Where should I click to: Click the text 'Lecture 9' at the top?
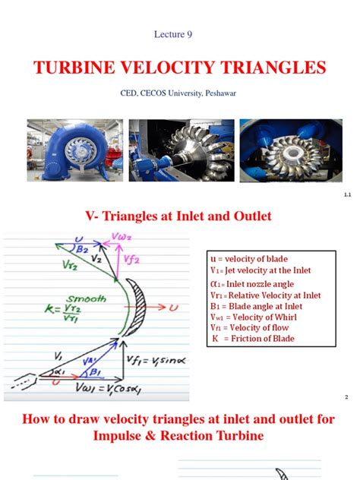click(x=179, y=34)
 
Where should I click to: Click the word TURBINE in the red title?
click(x=73, y=68)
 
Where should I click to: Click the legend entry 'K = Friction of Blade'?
click(x=253, y=338)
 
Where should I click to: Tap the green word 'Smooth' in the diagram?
click(x=109, y=298)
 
